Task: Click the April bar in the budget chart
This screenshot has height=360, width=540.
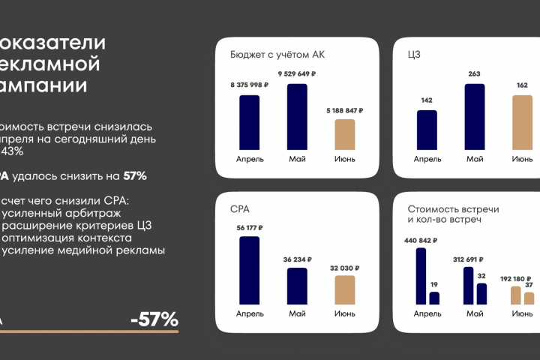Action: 249,122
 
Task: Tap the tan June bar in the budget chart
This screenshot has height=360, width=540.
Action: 344,134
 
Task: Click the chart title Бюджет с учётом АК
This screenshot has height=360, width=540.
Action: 277,55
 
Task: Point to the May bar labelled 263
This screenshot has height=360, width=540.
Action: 474,116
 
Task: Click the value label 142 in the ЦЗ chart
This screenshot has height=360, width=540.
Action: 427,100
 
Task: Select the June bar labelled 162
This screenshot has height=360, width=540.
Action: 522,122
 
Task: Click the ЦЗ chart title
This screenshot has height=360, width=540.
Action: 415,55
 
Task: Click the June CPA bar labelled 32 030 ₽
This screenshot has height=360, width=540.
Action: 344,289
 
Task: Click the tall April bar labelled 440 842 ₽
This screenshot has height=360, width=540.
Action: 421,276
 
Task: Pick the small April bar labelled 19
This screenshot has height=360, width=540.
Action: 434,298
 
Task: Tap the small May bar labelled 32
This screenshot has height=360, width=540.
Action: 481,293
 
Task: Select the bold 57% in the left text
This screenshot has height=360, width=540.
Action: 135,176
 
